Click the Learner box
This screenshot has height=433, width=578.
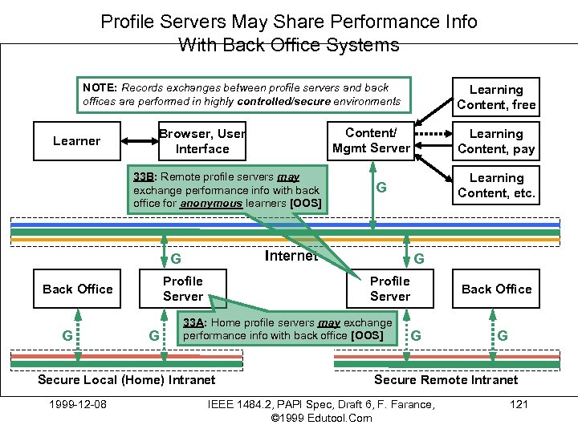tap(76, 141)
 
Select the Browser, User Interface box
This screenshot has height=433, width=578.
tap(201, 141)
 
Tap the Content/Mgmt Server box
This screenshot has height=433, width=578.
tap(371, 140)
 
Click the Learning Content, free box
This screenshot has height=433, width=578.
tap(495, 97)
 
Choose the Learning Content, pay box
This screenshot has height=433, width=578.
tap(495, 141)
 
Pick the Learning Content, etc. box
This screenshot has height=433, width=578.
tap(495, 185)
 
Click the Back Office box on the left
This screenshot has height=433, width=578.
tap(77, 289)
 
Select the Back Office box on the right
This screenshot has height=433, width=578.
tap(496, 289)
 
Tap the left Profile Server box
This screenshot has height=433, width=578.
tap(183, 289)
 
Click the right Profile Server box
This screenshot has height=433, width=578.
tap(390, 289)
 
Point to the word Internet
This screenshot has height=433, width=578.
tap(291, 255)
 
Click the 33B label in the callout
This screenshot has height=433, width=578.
tap(144, 176)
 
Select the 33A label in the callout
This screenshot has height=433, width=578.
tap(194, 322)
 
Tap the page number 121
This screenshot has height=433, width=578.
tap(519, 404)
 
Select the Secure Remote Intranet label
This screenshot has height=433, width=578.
tap(446, 380)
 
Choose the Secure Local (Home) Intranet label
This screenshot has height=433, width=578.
tap(127, 380)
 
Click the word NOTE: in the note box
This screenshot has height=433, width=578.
tap(100, 87)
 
